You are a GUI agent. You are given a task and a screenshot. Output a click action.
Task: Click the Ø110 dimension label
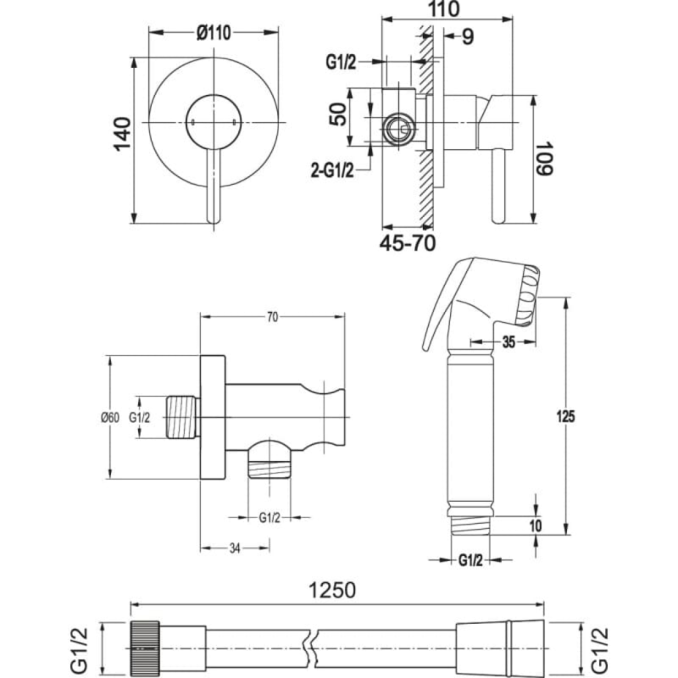pos(214,33)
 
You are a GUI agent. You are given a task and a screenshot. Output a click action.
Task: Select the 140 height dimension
pos(122,134)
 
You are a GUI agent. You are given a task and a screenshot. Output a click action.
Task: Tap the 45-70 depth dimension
pos(408,243)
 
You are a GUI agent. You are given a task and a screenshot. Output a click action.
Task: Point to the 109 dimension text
pos(544,158)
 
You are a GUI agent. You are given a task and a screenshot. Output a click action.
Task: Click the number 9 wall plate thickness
pos(468,36)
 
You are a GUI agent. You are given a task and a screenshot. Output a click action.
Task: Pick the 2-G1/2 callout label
pos(332,171)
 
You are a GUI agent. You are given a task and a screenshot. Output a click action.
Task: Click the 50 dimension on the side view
pos(338,114)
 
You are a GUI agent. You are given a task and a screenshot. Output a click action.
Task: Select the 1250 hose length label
pos(332,590)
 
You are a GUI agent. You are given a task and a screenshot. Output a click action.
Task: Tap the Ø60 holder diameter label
pos(110,418)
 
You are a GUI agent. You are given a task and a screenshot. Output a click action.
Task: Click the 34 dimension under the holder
pos(235,548)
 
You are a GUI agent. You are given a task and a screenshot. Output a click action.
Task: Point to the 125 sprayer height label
pos(566,416)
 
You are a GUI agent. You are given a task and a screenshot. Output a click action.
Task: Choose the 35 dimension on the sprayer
pos(509,342)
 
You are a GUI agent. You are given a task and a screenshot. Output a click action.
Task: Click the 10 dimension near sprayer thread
pos(536,525)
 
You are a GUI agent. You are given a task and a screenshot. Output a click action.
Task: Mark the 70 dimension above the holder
pos(272,317)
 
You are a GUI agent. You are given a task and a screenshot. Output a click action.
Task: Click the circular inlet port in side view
pos(399,130)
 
